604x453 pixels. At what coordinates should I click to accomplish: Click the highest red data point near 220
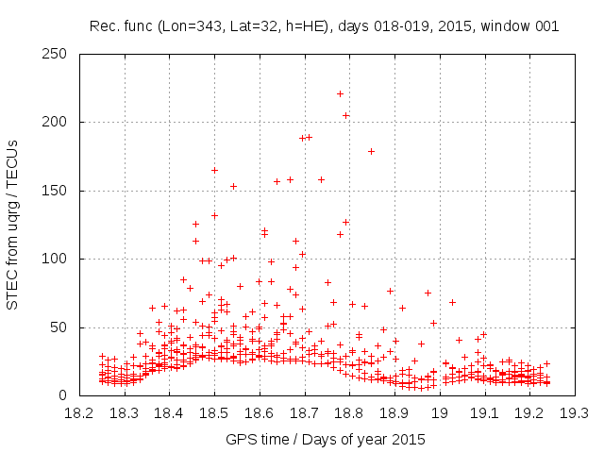(340, 93)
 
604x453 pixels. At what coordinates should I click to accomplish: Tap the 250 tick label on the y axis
(59, 54)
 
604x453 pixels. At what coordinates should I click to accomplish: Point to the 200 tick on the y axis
(59, 122)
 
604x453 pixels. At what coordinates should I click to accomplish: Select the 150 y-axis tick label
(59, 191)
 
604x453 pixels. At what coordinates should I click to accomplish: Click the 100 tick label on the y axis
(59, 259)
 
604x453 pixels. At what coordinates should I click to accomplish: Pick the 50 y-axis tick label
(63, 327)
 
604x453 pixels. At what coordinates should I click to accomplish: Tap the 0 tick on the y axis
(67, 395)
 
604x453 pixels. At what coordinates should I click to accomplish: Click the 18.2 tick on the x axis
(79, 413)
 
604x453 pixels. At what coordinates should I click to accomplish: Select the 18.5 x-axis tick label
(214, 413)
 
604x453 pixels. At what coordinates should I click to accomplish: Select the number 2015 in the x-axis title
(410, 439)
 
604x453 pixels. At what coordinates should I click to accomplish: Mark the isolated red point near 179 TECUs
(371, 151)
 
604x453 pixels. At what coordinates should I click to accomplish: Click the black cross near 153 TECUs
(233, 186)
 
